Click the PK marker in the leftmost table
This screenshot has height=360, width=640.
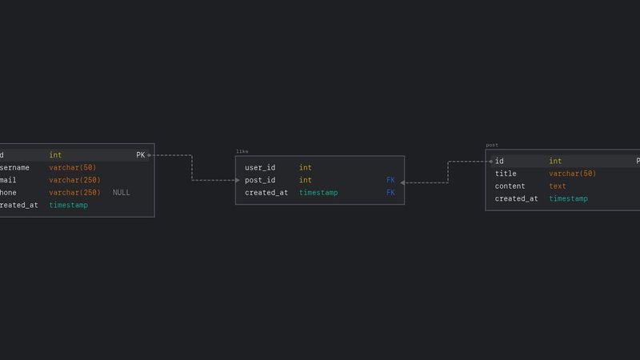pyautogui.click(x=141, y=155)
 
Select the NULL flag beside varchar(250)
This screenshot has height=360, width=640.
pyautogui.click(x=121, y=193)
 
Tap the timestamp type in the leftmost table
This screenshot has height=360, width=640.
pyautogui.click(x=68, y=206)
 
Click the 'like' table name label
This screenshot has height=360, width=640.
pyautogui.click(x=242, y=151)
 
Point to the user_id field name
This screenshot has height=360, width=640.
pyautogui.click(x=260, y=168)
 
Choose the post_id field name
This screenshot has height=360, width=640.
pyautogui.click(x=260, y=181)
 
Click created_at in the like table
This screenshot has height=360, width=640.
pyautogui.click(x=266, y=193)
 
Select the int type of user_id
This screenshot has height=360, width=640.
pyautogui.click(x=306, y=168)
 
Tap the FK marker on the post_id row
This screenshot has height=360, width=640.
pyautogui.click(x=390, y=181)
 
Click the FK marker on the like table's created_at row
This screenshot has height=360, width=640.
pyautogui.click(x=390, y=193)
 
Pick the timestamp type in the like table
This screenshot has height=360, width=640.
pyautogui.click(x=318, y=193)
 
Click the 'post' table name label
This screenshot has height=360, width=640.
pyautogui.click(x=492, y=145)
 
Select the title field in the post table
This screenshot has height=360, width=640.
pyautogui.click(x=506, y=174)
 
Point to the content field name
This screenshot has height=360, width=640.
pyautogui.click(x=510, y=186)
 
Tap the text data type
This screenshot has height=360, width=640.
pyautogui.click(x=558, y=186)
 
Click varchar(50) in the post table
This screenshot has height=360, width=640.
pyautogui.click(x=572, y=174)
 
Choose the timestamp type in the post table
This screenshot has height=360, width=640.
pyautogui.click(x=568, y=199)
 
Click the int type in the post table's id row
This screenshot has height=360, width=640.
pyautogui.click(x=555, y=162)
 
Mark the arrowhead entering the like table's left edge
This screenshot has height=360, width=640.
pyautogui.click(x=237, y=181)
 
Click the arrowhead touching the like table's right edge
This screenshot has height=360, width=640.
pyautogui.click(x=403, y=183)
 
